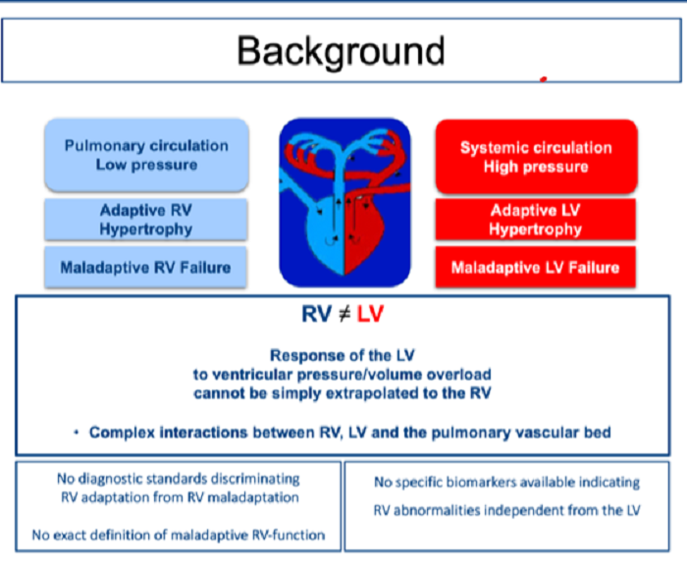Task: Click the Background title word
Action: (341, 52)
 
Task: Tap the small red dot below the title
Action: (544, 79)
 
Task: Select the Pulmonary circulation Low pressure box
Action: (147, 155)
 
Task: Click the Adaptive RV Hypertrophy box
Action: (146, 220)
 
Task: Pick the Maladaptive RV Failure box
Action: (145, 267)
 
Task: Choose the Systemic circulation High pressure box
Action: (536, 157)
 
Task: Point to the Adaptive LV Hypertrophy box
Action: (536, 220)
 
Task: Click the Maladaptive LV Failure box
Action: (536, 267)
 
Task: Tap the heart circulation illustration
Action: (344, 202)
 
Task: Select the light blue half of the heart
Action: (327, 236)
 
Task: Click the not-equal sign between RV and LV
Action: (344, 314)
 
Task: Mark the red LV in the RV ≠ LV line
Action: (370, 314)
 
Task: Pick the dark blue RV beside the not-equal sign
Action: (316, 314)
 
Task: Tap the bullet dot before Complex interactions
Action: (77, 433)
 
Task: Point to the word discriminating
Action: (255, 479)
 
